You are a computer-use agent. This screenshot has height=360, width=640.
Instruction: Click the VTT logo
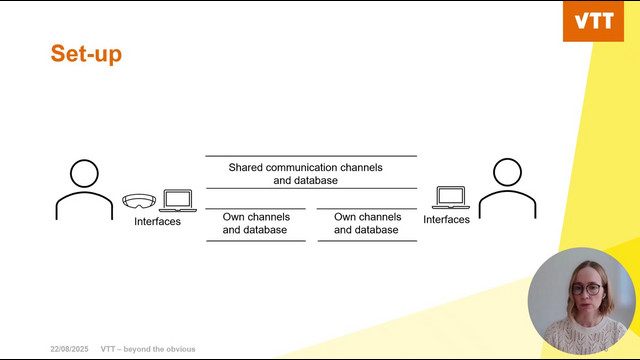(593, 21)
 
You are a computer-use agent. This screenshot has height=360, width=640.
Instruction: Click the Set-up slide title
(86, 54)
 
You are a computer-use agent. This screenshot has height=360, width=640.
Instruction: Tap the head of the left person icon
(84, 173)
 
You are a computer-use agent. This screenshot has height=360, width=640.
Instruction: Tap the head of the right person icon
(507, 172)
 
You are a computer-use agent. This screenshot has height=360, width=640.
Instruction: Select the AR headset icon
(139, 201)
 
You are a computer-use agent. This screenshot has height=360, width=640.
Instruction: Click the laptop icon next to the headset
(178, 200)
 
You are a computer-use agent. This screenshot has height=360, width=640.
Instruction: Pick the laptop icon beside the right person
(451, 198)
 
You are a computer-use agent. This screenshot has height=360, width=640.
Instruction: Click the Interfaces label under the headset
(158, 221)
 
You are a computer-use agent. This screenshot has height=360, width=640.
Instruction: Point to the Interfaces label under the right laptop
(447, 219)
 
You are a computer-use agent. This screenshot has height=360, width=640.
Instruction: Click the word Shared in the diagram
(245, 167)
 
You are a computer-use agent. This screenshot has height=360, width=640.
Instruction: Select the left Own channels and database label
(256, 223)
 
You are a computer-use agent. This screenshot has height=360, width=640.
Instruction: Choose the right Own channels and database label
(367, 223)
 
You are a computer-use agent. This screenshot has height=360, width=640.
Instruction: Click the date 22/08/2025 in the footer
(69, 349)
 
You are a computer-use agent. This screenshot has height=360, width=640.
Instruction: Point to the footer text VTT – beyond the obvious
(148, 349)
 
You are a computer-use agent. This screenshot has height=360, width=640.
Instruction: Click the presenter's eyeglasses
(587, 289)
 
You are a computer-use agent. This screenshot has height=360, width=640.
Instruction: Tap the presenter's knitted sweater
(585, 336)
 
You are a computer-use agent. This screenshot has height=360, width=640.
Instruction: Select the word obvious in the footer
(181, 349)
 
